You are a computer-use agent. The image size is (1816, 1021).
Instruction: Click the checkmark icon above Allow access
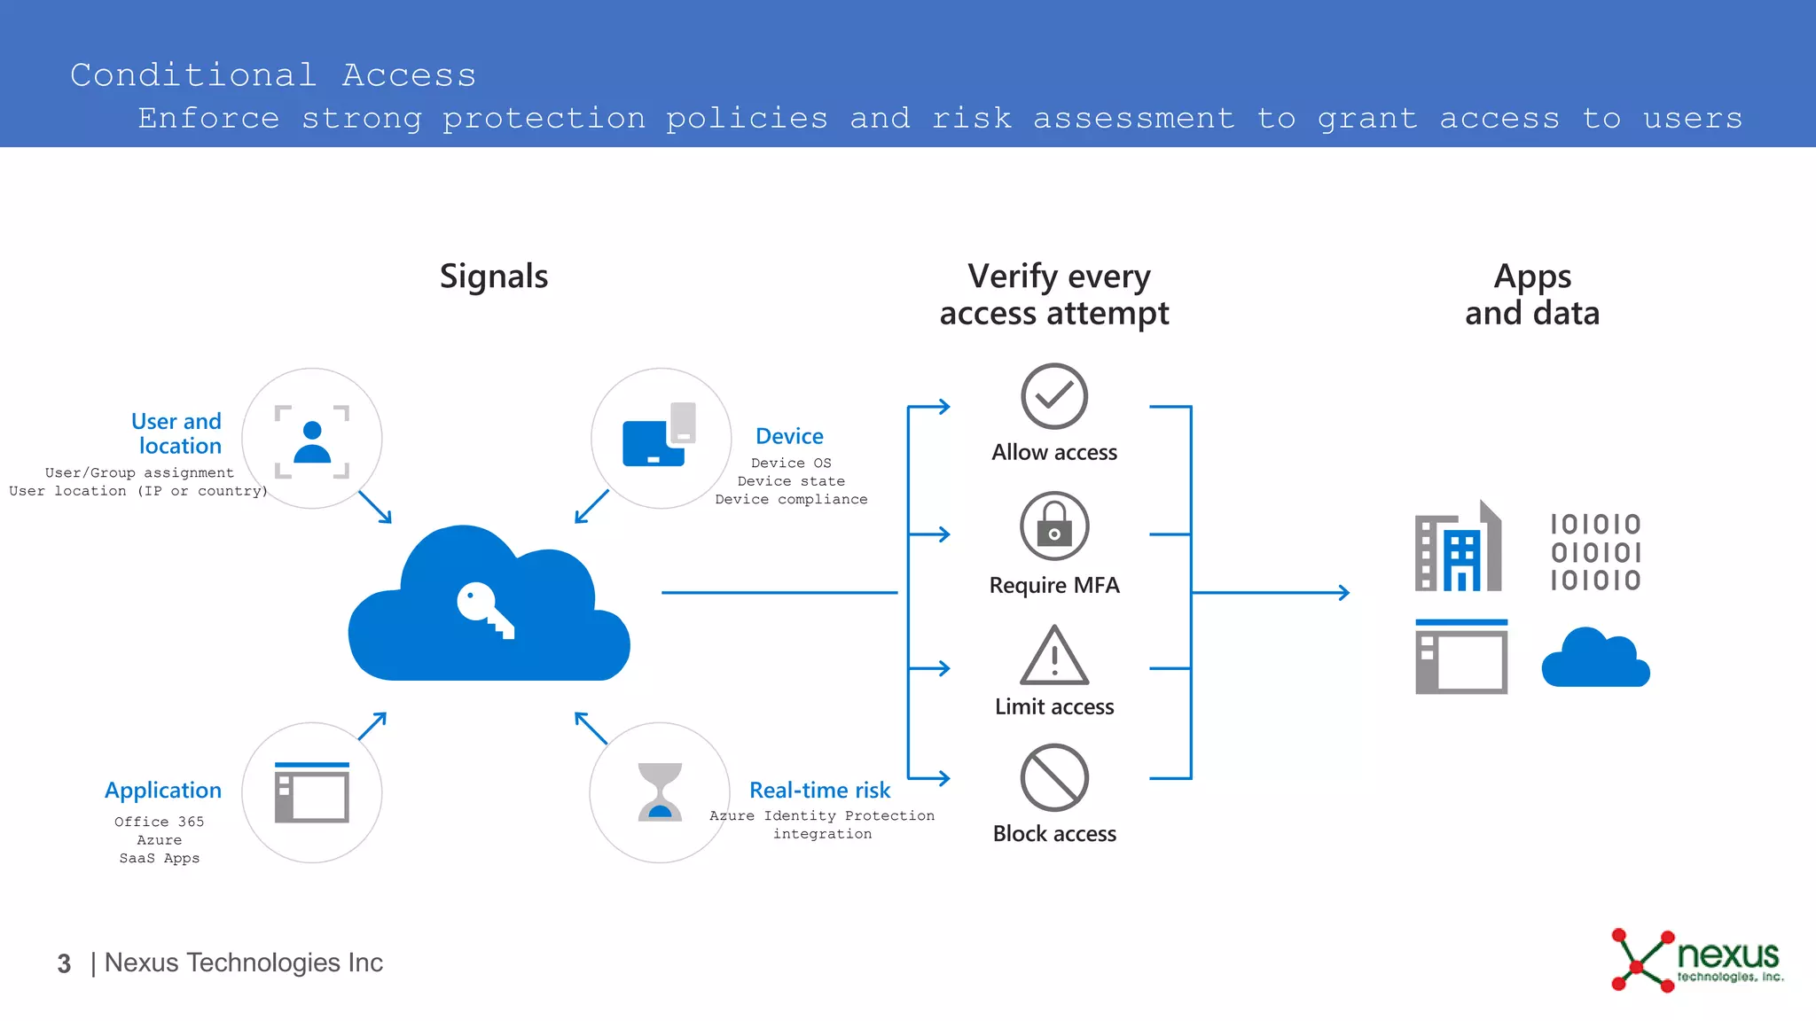point(1053,396)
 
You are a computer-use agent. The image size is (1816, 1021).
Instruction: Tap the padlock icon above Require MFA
point(1053,526)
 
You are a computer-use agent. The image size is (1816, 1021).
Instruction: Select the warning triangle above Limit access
point(1053,657)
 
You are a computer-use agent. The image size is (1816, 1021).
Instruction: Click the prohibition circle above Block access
point(1053,778)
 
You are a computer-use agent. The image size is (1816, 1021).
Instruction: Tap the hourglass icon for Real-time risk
point(660,792)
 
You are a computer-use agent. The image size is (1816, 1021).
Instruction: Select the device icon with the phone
point(659,434)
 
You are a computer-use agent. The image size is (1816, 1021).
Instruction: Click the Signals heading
point(494,277)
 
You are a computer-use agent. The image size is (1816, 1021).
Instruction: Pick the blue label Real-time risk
point(819,790)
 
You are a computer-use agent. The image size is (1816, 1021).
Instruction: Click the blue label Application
point(163,791)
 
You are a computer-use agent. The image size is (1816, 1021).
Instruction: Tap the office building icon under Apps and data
point(1458,547)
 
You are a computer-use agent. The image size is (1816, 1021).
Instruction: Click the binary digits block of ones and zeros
point(1595,551)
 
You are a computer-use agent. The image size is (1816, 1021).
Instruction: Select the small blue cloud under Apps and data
point(1595,659)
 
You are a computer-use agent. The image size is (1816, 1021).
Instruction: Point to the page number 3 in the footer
point(64,963)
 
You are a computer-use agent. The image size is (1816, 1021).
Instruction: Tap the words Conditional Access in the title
point(273,75)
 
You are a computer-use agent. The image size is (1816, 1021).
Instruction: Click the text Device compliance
point(791,500)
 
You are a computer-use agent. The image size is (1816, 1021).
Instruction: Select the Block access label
point(1054,834)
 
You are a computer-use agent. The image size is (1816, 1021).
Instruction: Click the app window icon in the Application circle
point(312,792)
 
